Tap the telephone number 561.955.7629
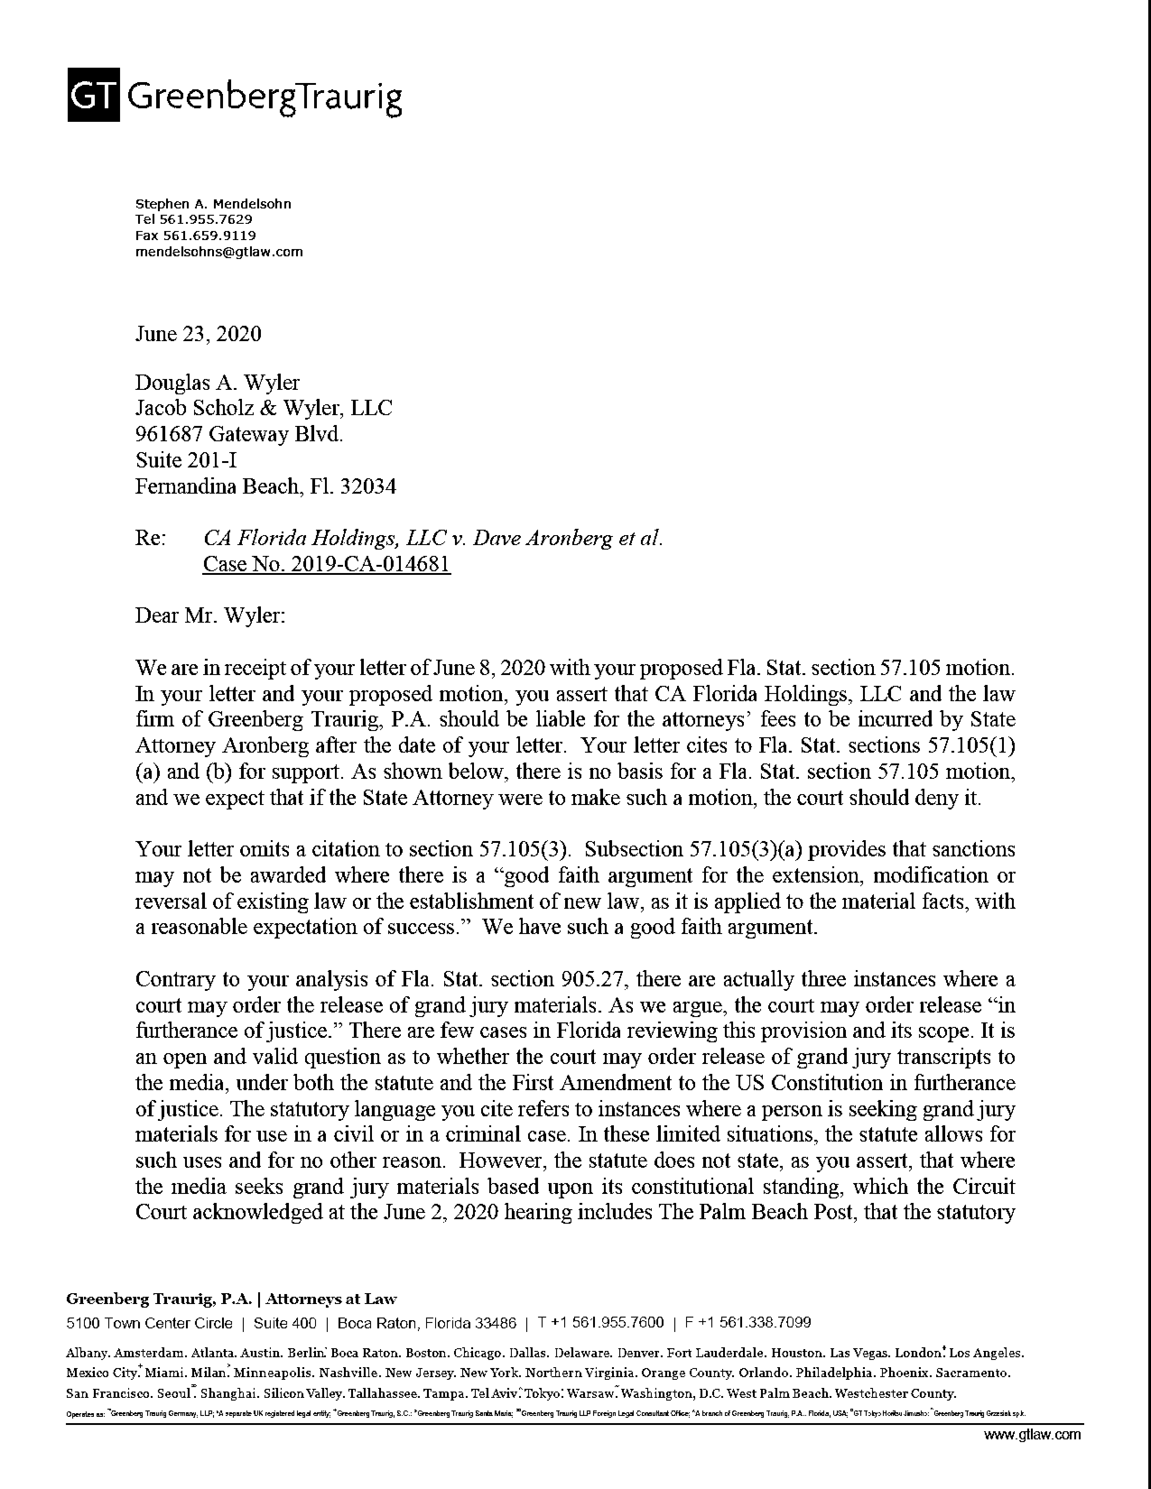click(205, 220)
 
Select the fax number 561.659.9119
click(209, 236)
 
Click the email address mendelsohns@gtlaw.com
click(219, 252)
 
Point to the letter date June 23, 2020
click(199, 334)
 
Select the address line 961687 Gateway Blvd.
click(239, 434)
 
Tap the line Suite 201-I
click(186, 460)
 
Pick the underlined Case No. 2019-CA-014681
click(327, 564)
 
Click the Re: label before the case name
click(150, 539)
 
